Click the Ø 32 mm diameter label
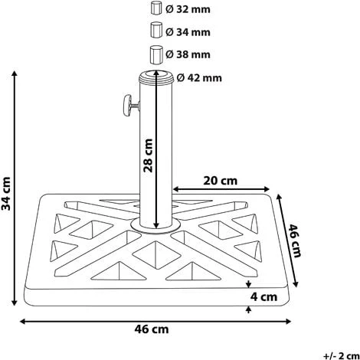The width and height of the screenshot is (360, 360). (188, 9)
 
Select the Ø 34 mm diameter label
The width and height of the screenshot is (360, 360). (188, 32)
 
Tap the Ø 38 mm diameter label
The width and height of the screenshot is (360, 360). (188, 54)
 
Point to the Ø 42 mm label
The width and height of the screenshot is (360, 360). (199, 77)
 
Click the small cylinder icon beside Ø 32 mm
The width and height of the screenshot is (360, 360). (156, 8)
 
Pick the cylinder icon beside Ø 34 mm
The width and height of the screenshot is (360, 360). (156, 30)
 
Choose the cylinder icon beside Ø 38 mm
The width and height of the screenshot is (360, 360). (156, 54)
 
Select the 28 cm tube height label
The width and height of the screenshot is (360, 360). (148, 155)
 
